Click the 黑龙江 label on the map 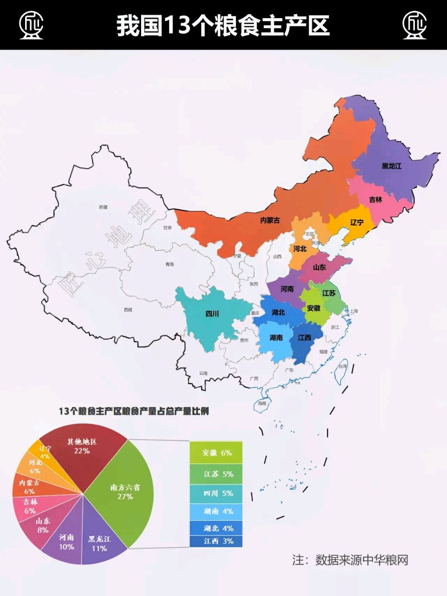click(392, 166)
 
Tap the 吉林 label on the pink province click(375, 199)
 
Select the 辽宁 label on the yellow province click(357, 223)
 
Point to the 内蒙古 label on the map click(270, 220)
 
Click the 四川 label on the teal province click(212, 314)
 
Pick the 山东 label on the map click(319, 268)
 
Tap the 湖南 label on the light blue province click(276, 338)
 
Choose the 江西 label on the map click(305, 338)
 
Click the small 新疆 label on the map click(103, 207)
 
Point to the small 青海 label click(169, 264)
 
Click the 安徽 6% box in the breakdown click(217, 453)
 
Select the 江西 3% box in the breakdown click(217, 542)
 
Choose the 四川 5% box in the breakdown click(217, 493)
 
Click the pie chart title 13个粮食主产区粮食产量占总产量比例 click(134, 411)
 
